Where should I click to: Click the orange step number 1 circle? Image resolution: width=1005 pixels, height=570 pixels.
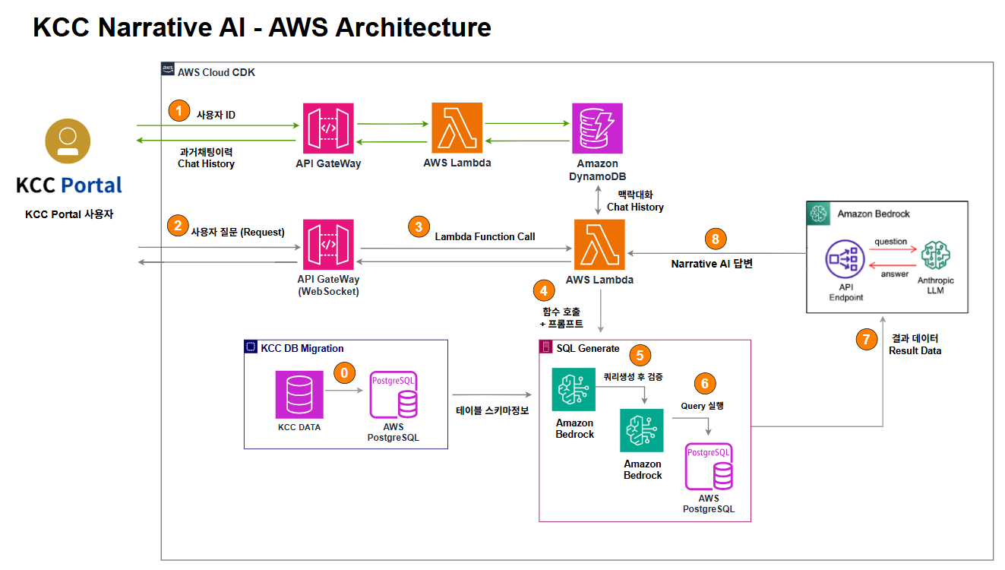pyautogui.click(x=179, y=111)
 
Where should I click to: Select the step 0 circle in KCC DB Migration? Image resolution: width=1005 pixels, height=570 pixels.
pyautogui.click(x=346, y=373)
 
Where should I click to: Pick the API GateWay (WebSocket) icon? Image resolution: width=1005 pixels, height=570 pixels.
pyautogui.click(x=328, y=244)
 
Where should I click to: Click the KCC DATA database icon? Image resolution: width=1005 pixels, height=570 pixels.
pyautogui.click(x=299, y=394)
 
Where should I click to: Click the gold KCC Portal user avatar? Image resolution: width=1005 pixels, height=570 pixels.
pyautogui.click(x=68, y=141)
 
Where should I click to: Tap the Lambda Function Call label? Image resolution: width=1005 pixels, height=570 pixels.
pyautogui.click(x=485, y=236)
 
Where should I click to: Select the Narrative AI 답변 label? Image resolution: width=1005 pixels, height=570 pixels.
pyautogui.click(x=712, y=264)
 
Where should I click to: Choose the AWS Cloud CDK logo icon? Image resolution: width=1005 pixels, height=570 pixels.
pyautogui.click(x=168, y=70)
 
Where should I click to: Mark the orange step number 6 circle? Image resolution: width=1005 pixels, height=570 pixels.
pyautogui.click(x=705, y=384)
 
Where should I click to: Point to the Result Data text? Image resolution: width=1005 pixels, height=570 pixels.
pyautogui.click(x=915, y=350)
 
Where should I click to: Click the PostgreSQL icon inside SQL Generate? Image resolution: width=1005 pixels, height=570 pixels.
pyautogui.click(x=709, y=467)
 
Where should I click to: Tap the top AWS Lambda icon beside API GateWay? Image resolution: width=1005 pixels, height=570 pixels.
pyautogui.click(x=457, y=128)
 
